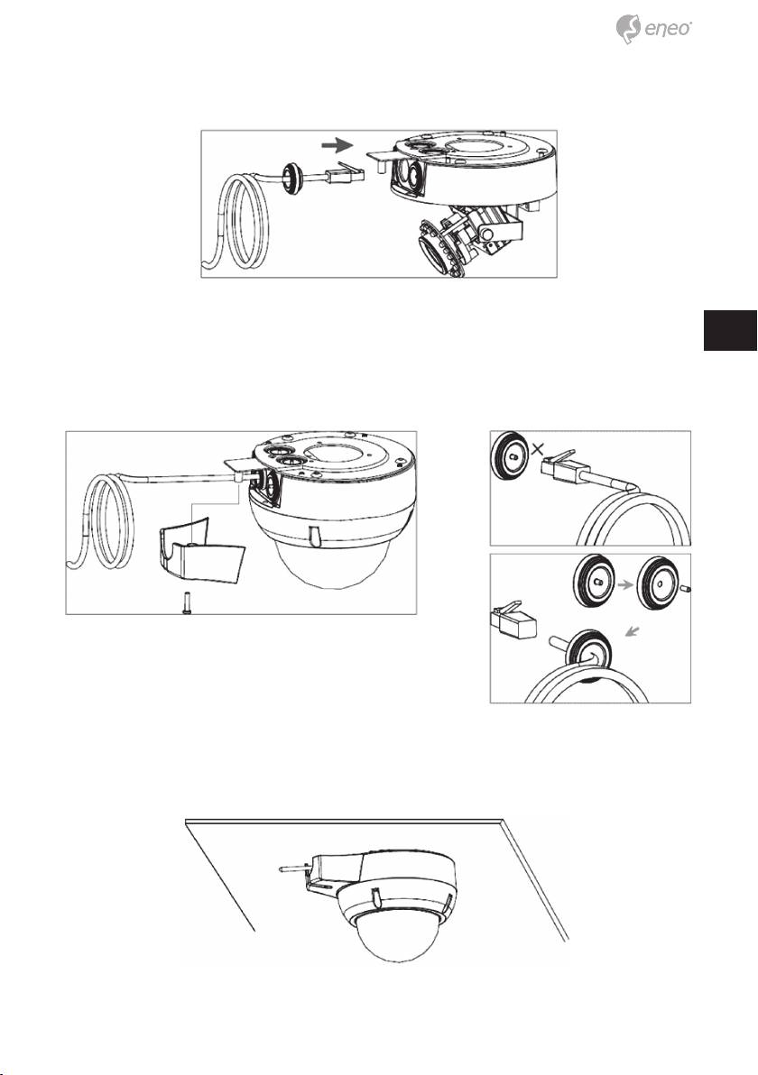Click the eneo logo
point(653,30)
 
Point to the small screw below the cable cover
point(188,604)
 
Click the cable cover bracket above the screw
point(198,545)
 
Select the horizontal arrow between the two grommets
point(623,584)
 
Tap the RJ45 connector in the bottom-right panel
point(513,620)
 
